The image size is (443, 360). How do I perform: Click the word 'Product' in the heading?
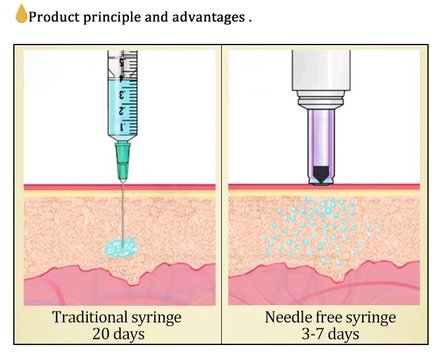click(52, 17)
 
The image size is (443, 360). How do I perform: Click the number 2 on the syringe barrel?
click(122, 110)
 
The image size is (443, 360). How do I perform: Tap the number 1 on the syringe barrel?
click(122, 125)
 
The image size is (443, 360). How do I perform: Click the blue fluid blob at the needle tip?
click(121, 247)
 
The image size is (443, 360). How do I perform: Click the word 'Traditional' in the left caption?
click(89, 317)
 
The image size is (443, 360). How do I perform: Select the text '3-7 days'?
click(330, 334)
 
